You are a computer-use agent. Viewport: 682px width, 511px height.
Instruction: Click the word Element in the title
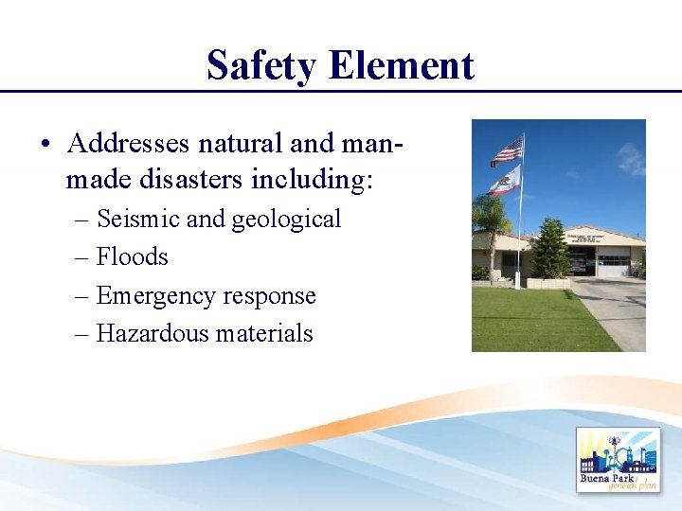(x=402, y=65)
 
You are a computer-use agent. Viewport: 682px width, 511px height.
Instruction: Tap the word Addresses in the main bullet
(x=128, y=143)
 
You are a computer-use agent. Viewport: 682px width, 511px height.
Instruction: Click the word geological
(x=286, y=220)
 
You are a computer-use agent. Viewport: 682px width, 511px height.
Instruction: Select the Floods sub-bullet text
(x=132, y=256)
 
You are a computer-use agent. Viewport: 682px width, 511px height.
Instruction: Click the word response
(x=269, y=296)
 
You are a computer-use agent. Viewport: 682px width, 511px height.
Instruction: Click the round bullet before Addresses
(x=45, y=145)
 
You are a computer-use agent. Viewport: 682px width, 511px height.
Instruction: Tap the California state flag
(x=506, y=179)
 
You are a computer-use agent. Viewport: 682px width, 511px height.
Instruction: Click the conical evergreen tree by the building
(x=549, y=248)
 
